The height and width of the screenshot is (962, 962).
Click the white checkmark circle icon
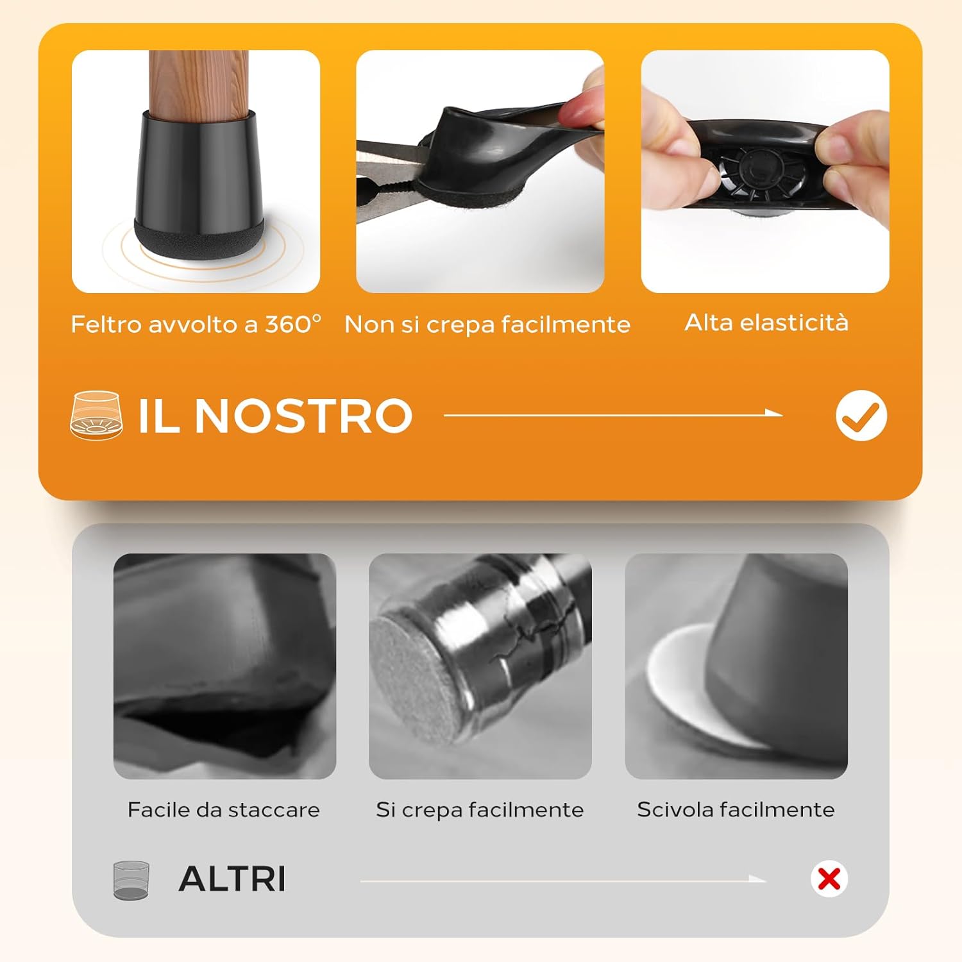[861, 416]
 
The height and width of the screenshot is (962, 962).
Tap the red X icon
[829, 879]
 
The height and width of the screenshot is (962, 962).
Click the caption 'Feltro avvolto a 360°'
[196, 324]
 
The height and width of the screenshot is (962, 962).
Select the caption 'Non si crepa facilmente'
[487, 325]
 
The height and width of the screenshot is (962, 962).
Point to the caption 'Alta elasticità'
[766, 322]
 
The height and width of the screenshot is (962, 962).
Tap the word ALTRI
[232, 879]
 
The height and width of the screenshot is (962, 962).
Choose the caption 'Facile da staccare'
[224, 809]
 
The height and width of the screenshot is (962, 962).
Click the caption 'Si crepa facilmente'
[480, 809]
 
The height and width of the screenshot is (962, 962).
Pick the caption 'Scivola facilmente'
[736, 809]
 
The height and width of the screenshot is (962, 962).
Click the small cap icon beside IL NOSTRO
[96, 415]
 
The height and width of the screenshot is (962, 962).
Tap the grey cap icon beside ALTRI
[131, 880]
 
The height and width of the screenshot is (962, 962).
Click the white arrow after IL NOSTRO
[613, 414]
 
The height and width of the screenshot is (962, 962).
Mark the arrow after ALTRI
[564, 880]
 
